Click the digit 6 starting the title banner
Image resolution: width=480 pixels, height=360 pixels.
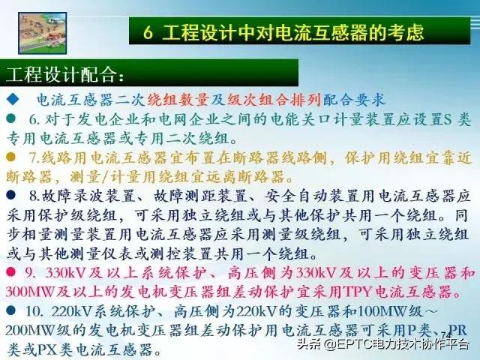(148, 32)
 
